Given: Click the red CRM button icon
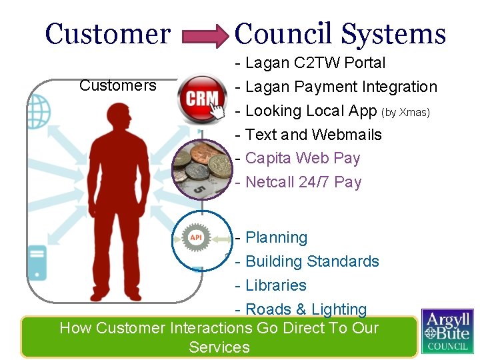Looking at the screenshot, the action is (x=202, y=99).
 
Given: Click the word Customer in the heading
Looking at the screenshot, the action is (x=108, y=33).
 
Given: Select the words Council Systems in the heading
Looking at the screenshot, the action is (x=340, y=33).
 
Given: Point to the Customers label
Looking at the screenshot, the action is (x=117, y=85).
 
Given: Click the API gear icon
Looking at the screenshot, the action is (x=196, y=238).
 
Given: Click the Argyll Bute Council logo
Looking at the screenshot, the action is (x=447, y=331).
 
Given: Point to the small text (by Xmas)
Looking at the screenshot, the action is (x=406, y=111).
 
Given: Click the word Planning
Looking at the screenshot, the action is (x=277, y=238).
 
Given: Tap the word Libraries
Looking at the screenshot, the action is (x=276, y=285).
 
